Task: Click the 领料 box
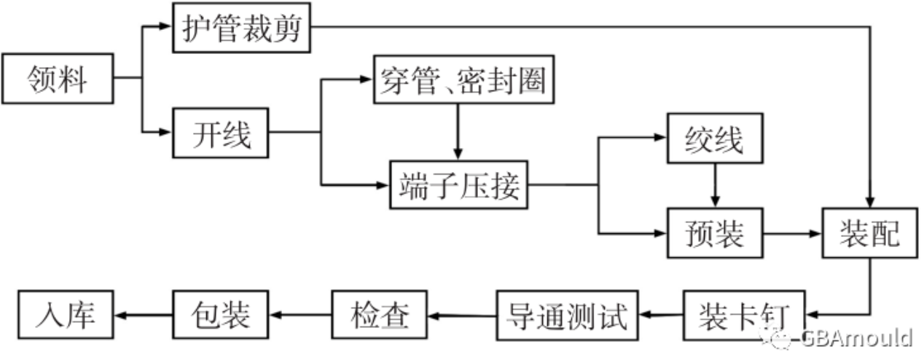58,78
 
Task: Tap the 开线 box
221,133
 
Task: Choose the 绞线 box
715,138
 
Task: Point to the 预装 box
715,233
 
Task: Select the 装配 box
869,233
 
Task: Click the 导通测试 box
566,316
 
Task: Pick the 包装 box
220,316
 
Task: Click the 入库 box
66,316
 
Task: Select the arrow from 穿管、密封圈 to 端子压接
458,131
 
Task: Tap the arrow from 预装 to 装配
792,234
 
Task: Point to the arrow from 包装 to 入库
143,316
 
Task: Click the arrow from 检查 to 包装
299,316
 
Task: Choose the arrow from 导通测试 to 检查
462,316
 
